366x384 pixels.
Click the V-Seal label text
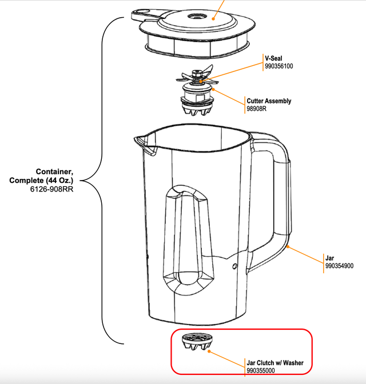click(274, 58)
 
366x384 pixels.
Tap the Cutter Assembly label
click(269, 101)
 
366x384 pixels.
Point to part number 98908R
click(257, 109)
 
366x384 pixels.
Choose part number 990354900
click(339, 266)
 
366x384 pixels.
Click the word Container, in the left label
click(55, 172)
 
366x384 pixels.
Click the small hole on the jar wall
click(235, 266)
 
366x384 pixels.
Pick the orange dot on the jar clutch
click(209, 350)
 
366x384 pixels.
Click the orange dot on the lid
click(214, 18)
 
